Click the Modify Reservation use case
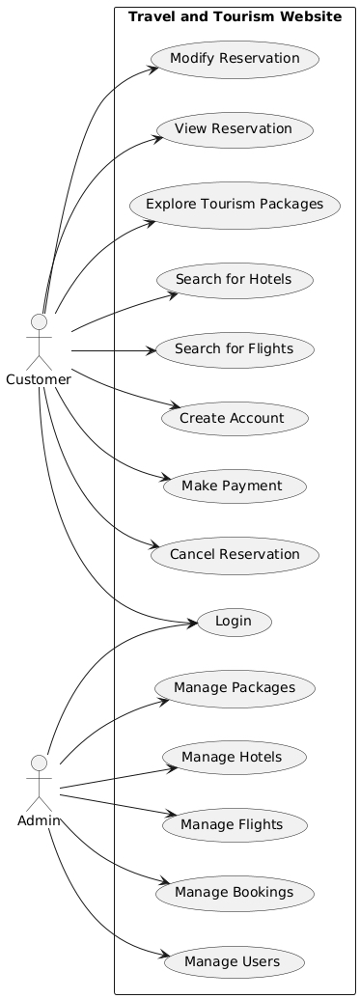point(235,60)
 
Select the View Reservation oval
point(235,128)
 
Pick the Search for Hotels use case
point(235,280)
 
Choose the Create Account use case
point(235,417)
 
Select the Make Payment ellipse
point(235,486)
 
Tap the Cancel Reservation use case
point(235,554)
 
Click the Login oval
point(235,623)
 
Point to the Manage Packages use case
point(235,688)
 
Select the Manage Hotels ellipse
point(235,757)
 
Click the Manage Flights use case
point(235,824)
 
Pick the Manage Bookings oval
point(235,893)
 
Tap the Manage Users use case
point(235,961)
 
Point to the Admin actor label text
point(41,819)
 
